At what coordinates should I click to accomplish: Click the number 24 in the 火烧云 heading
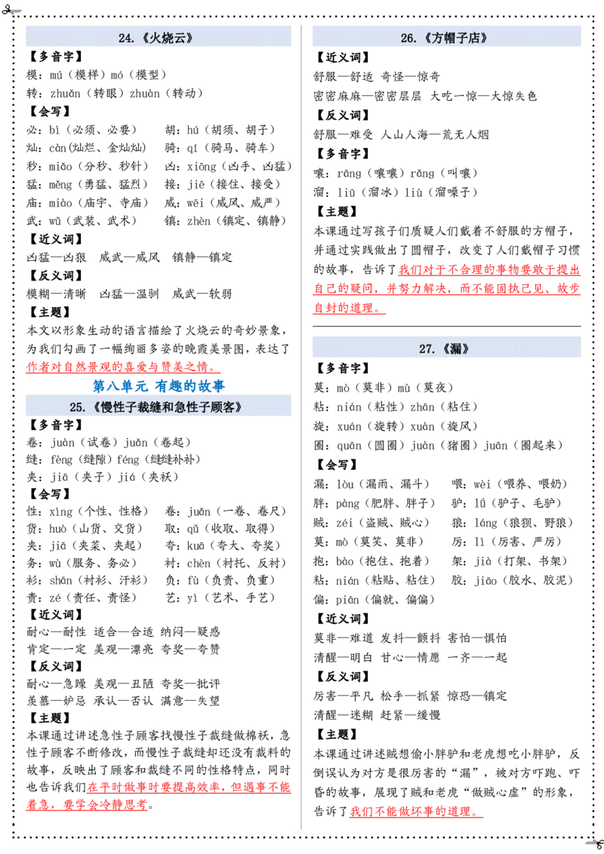point(125,38)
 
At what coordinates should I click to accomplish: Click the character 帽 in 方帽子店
point(446,38)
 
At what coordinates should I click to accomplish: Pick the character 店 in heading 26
point(473,38)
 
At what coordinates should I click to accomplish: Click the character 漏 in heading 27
point(453,349)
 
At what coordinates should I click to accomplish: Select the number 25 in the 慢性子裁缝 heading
point(75,407)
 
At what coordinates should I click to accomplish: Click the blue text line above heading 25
point(159,386)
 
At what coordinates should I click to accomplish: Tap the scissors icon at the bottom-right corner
point(596,843)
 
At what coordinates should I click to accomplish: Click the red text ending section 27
point(415,813)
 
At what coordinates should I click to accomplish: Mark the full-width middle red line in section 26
point(445,289)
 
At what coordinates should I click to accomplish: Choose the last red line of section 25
point(87,805)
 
